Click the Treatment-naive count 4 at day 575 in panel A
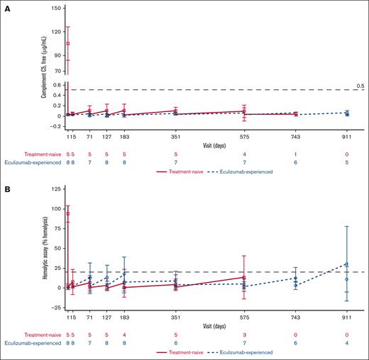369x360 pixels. pos(245,154)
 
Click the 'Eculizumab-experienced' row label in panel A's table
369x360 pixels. pos(32,162)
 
